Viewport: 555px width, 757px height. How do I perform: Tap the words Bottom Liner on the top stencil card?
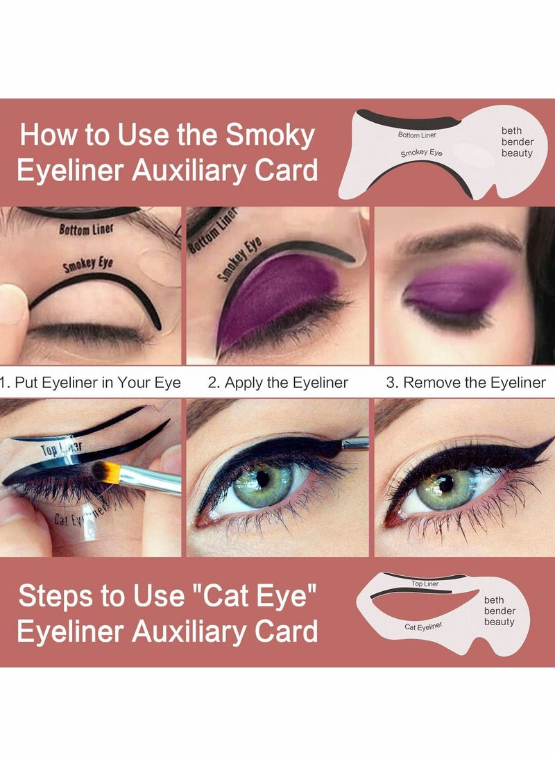pos(418,135)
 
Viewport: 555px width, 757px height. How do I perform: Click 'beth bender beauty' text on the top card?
pos(518,142)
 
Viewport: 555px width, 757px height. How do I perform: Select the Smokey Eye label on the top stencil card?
pos(421,152)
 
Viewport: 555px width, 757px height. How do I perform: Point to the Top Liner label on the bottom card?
pos(425,584)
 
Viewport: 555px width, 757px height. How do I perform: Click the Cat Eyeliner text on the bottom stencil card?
pos(423,626)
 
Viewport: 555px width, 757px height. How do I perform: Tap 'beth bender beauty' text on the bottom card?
pos(499,611)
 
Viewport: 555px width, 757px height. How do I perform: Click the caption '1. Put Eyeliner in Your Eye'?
pos(90,382)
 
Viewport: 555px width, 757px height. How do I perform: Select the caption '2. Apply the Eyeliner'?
pos(278,382)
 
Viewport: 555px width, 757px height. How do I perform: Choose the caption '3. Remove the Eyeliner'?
pos(466,382)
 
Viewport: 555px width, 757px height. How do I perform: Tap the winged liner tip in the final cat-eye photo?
pos(545,443)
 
